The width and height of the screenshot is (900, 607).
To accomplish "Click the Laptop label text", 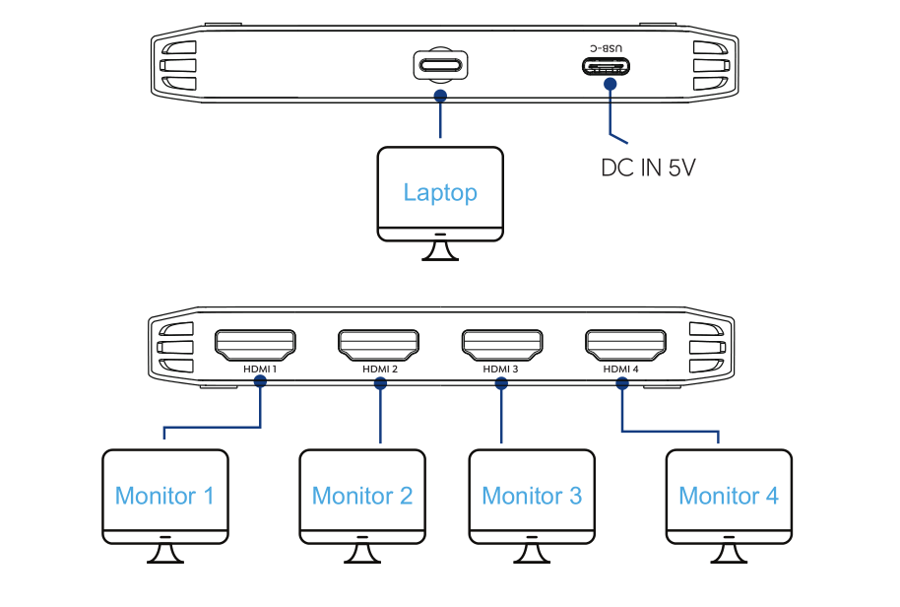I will point(440,192).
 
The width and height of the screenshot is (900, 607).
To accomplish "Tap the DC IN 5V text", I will point(649,168).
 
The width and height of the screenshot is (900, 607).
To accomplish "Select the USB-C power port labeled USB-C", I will point(608,67).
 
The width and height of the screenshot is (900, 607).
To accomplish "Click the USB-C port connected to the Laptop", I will point(440,66).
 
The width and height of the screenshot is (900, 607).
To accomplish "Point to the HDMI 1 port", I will point(255,344).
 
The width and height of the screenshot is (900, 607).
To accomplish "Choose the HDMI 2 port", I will point(379,344).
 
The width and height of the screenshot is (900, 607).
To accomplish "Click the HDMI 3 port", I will point(502,344).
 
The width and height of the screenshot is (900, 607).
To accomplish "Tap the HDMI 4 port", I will point(625,344).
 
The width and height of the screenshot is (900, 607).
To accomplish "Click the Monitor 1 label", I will point(164,496).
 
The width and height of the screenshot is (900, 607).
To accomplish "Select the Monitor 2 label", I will point(362,496).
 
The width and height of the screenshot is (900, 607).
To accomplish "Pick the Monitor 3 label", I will point(532,496).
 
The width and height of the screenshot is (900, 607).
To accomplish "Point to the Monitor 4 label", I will point(729,496).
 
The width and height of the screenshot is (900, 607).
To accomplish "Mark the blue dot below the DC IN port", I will point(611,85).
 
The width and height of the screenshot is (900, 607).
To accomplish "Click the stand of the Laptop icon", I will point(440,252).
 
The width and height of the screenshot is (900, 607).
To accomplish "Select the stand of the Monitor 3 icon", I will point(532,555).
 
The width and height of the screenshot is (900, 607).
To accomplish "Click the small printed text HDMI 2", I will point(379,370).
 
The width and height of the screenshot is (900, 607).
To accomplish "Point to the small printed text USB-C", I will point(608,47).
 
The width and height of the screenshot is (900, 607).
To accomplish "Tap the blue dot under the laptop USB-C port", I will point(440,96).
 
